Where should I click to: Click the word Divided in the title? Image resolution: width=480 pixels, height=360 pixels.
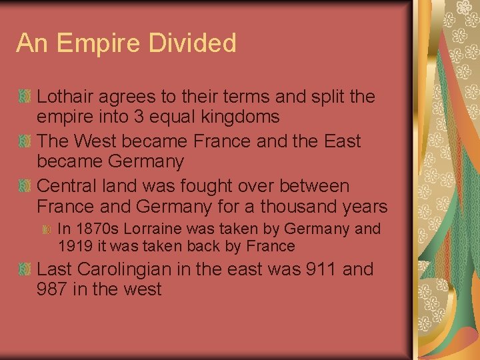tap(198, 43)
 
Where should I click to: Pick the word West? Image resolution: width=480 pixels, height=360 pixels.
tap(97, 141)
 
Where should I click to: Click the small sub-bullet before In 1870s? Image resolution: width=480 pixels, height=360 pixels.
tap(47, 229)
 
